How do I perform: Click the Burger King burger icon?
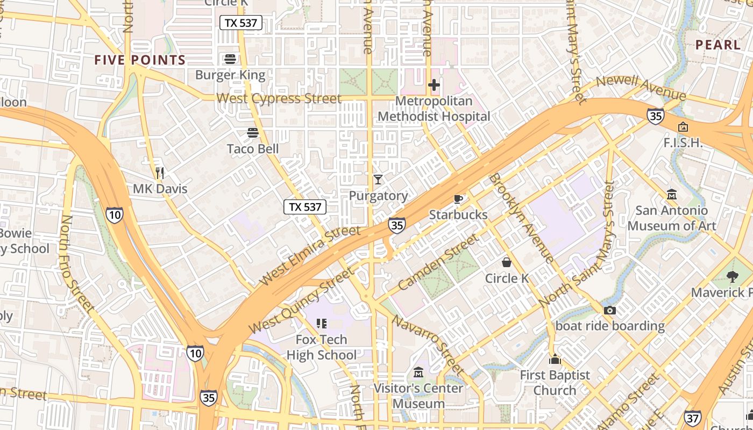[230, 59]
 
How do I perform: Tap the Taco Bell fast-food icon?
[253, 132]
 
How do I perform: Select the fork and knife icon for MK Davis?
[159, 173]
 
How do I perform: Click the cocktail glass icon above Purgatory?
[378, 180]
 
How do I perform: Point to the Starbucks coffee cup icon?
[458, 199]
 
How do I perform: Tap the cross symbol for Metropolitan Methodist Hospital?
[434, 85]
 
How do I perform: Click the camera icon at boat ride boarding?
[609, 310]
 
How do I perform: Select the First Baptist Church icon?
[555, 360]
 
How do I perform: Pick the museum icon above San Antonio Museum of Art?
[671, 194]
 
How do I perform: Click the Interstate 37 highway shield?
[693, 417]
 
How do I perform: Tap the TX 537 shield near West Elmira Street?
[305, 207]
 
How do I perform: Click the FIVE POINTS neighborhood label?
[140, 60]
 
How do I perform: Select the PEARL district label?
[718, 45]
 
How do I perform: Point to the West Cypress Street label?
[279, 98]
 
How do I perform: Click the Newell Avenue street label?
[641, 88]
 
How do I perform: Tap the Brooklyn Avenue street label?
[521, 217]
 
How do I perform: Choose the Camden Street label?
[438, 262]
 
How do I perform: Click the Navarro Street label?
[428, 345]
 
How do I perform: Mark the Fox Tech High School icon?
[322, 324]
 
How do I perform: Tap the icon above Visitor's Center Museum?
[418, 372]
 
